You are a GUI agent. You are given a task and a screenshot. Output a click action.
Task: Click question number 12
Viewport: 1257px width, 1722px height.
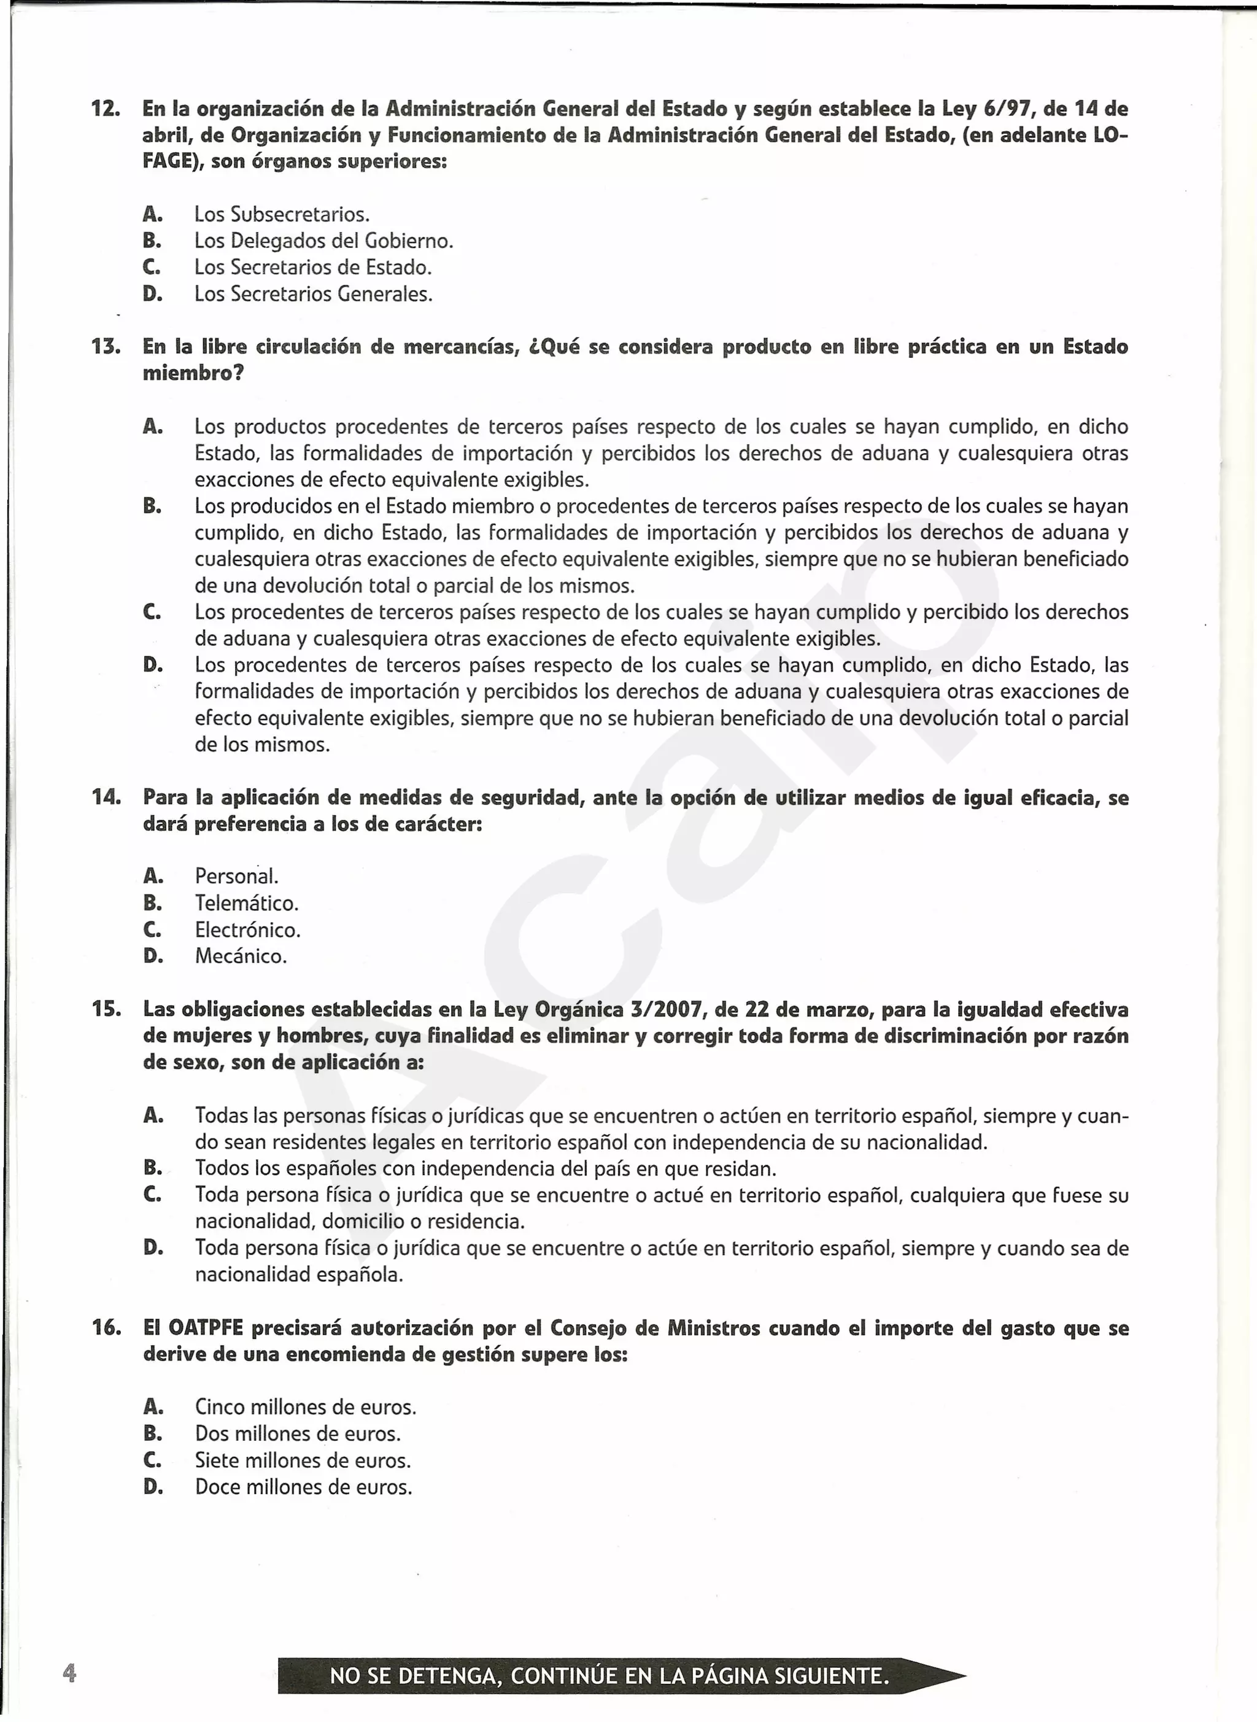point(105,109)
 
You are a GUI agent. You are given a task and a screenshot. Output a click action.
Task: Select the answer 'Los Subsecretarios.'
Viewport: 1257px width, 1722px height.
point(282,215)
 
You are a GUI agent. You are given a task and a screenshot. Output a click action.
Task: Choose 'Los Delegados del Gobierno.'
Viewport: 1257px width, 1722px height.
point(323,241)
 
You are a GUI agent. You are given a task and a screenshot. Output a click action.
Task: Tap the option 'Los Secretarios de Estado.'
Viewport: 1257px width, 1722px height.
point(313,268)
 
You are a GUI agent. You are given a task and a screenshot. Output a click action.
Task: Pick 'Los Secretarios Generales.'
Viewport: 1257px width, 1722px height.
point(314,295)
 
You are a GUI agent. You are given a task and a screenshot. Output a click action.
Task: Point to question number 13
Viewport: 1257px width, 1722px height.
point(105,347)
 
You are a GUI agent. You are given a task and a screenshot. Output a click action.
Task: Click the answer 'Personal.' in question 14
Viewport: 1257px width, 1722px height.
point(237,877)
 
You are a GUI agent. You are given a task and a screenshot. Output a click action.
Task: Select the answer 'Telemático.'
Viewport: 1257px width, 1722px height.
point(247,903)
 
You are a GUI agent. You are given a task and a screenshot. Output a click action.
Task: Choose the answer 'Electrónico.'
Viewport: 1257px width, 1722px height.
point(248,930)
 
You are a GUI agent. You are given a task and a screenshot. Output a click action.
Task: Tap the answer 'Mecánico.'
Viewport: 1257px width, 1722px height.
point(241,956)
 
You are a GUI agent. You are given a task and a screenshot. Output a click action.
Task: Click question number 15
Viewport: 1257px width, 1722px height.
point(106,1010)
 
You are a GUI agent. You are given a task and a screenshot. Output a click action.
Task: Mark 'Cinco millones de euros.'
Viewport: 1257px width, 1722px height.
point(306,1408)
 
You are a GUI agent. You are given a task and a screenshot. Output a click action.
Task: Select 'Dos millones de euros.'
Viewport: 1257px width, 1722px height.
point(298,1434)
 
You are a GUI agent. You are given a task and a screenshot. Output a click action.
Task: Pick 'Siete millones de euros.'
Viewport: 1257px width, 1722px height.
point(303,1461)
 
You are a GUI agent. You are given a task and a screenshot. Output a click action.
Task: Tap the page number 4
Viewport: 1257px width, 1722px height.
point(69,1674)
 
